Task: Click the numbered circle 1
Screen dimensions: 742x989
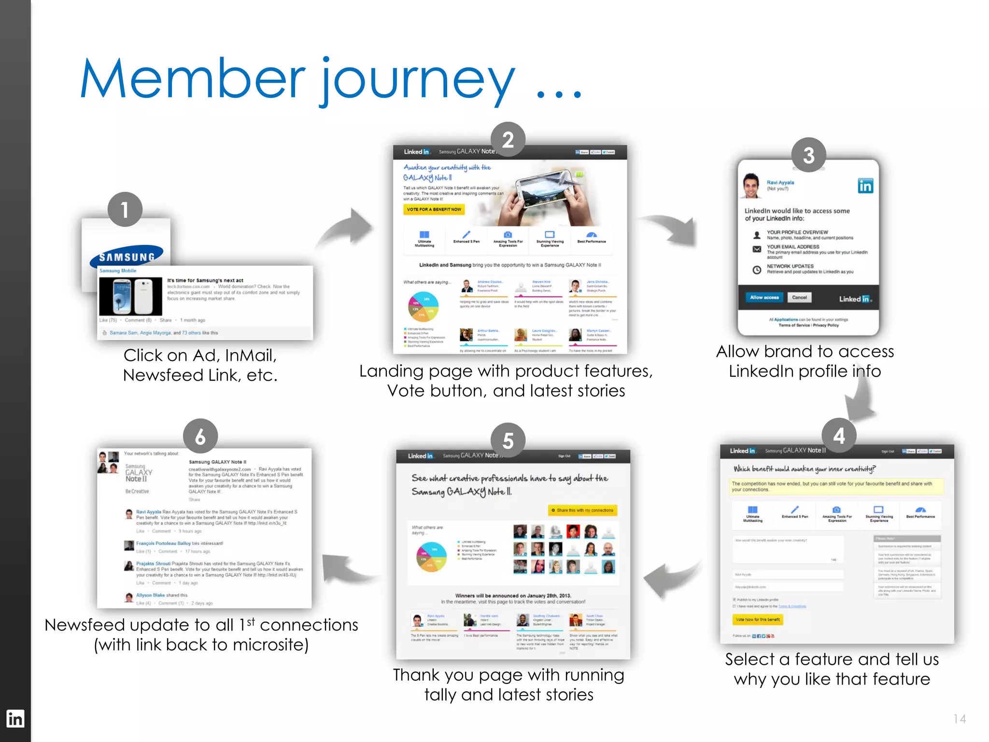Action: (x=125, y=210)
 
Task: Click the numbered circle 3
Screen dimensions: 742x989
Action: (x=808, y=155)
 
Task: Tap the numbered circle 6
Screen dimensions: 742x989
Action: (x=200, y=436)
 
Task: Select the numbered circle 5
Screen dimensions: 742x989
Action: (x=508, y=441)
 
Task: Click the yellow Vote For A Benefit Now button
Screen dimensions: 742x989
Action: (x=434, y=209)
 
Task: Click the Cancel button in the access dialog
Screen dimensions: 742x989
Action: (x=799, y=298)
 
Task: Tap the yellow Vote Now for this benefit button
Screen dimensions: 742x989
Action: (x=757, y=619)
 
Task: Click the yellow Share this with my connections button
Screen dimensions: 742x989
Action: (x=582, y=510)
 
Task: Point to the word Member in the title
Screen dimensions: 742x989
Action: (x=192, y=79)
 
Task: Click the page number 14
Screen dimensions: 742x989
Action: (x=959, y=719)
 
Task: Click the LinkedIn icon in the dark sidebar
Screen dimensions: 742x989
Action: (x=15, y=719)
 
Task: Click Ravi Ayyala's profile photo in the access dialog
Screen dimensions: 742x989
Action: (x=751, y=186)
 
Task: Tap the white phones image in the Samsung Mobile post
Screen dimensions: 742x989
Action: (x=130, y=296)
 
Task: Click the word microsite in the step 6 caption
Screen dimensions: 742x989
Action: (x=270, y=645)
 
